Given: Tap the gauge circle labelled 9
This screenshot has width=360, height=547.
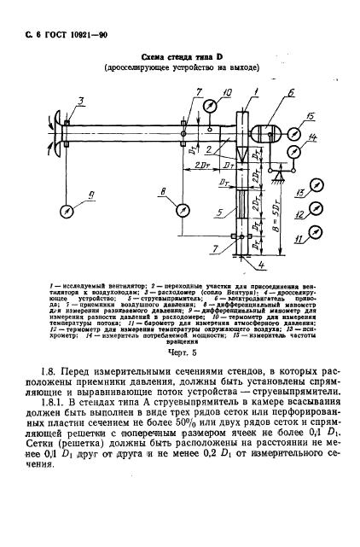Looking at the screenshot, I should [66, 209].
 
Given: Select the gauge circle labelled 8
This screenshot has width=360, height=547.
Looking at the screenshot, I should [183, 209].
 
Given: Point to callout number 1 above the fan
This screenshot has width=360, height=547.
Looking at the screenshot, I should [257, 91].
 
